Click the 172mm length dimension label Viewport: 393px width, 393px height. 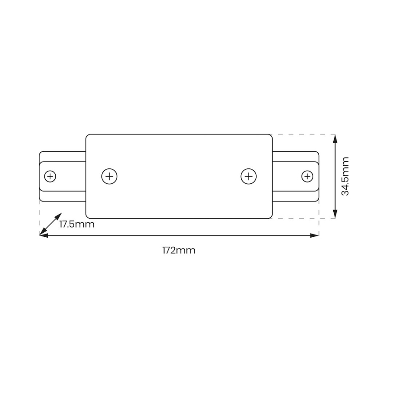pos(179,250)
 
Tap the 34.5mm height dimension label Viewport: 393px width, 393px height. pos(345,176)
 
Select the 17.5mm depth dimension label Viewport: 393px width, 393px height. pos(77,224)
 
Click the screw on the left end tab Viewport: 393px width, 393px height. pos(50,176)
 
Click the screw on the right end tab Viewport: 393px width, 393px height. pos(307,176)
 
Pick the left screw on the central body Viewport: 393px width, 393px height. pos(109,176)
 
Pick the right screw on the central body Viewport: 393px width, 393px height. pos(248,176)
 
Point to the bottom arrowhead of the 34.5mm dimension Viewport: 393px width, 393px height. pos(335,216)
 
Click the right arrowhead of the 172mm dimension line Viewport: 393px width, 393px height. pos(316,235)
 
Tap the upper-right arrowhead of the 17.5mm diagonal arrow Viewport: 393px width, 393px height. pos(60,216)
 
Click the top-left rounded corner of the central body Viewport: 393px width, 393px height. pos(88,136)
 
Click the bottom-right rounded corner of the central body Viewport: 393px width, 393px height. pos(270,216)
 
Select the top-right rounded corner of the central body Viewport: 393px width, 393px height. pos(270,136)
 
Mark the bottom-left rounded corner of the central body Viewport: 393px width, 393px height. pos(88,216)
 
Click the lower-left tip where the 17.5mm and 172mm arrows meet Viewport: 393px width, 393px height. pos(41,235)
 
